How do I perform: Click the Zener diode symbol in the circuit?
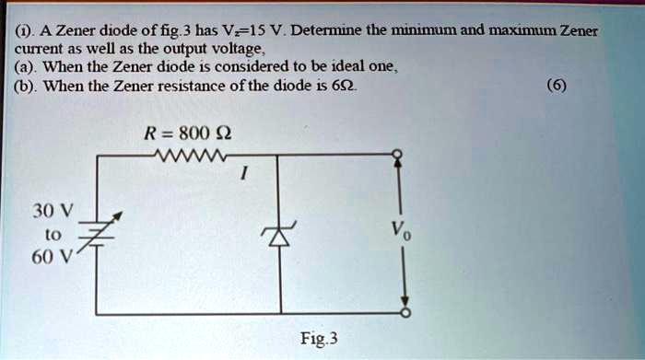pyautogui.click(x=276, y=236)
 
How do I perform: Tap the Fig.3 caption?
pyautogui.click(x=320, y=338)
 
